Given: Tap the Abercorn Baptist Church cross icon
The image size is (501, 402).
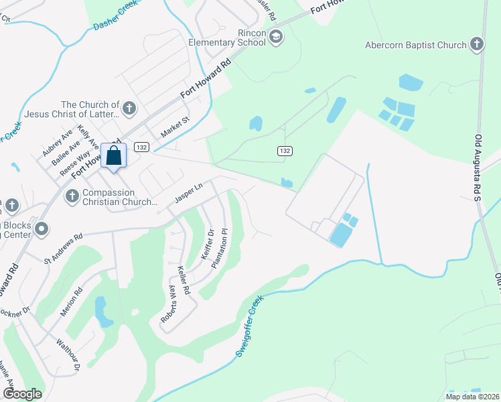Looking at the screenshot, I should pyautogui.click(x=476, y=45).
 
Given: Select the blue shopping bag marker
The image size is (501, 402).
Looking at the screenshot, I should pyautogui.click(x=114, y=156).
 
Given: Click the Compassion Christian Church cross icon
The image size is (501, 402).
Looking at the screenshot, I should pyautogui.click(x=72, y=196).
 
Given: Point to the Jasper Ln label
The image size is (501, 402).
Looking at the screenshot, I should pyautogui.click(x=188, y=193).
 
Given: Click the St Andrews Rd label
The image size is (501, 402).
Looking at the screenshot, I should pyautogui.click(x=63, y=247).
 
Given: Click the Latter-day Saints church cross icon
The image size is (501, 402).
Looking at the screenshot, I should pyautogui.click(x=129, y=108).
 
